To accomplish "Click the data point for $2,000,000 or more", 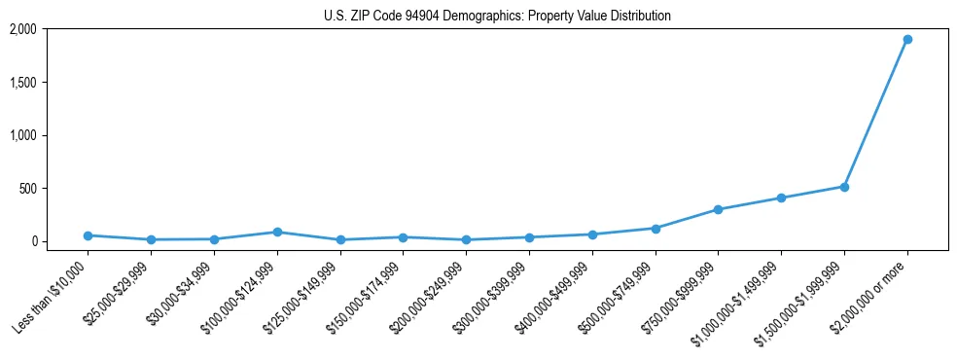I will point(906,40).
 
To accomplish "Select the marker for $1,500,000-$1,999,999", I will point(844,187).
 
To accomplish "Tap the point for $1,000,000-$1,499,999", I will point(781,198).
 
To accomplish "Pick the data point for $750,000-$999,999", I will point(718,209).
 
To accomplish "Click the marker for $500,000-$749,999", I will point(656,229).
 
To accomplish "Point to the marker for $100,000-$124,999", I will point(277,233).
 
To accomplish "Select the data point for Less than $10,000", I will point(88,235).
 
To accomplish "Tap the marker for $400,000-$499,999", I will point(592,234).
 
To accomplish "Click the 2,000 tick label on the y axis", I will point(23,29).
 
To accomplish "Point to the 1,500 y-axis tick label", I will point(23,83).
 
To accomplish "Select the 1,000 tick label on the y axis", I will point(23,135).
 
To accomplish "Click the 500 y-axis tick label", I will point(28,189).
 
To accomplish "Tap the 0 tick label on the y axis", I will point(33,241).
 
